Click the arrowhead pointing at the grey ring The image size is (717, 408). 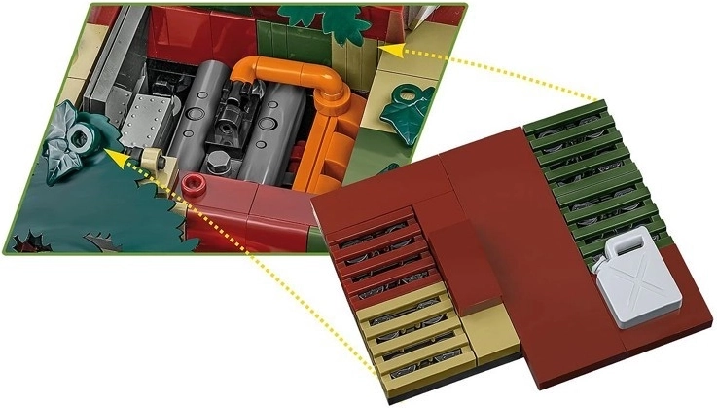(113, 153)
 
